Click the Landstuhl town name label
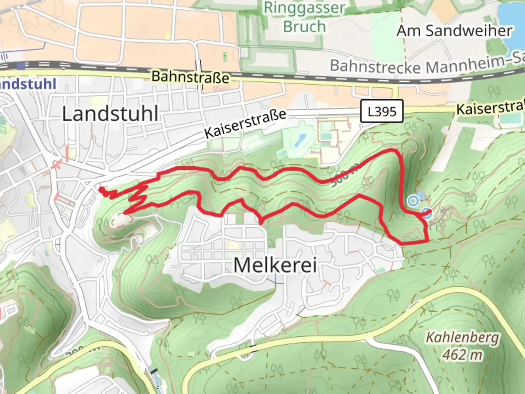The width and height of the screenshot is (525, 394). (x=110, y=114)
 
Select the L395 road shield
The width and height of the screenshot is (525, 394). (x=382, y=111)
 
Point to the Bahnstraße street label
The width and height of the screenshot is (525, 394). (x=190, y=77)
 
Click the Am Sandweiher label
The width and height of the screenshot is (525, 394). (x=455, y=31)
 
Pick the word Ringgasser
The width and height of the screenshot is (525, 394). (x=304, y=8)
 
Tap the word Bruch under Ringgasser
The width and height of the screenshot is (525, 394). (x=304, y=27)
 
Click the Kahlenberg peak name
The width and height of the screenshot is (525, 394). (x=462, y=337)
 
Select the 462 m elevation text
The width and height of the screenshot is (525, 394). (x=462, y=354)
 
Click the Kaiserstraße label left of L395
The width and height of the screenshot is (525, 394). (x=245, y=124)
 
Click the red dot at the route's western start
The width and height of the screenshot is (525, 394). (x=101, y=189)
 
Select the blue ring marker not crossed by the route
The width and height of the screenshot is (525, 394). (x=413, y=200)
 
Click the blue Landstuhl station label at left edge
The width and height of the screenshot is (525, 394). (x=28, y=84)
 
